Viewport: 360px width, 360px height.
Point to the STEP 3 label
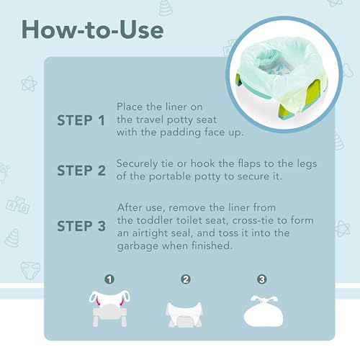coord(86,226)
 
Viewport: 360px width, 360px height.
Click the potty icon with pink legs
coord(110,305)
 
